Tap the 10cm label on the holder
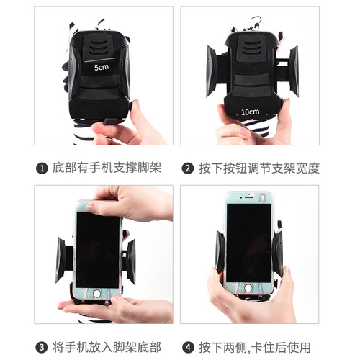250,112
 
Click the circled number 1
42,169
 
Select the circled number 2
187,169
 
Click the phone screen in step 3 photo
99,249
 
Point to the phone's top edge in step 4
248,194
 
